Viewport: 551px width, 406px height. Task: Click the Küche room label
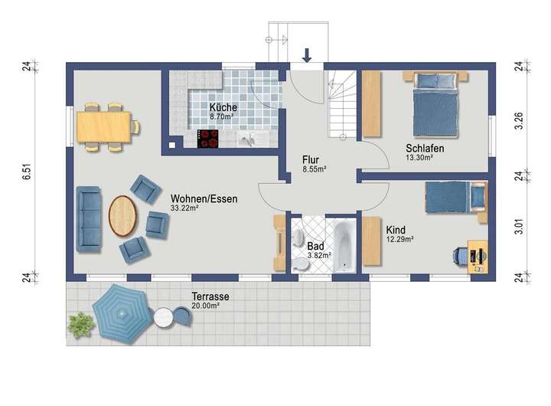[223, 107]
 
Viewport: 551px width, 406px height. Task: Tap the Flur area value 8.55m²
[315, 169]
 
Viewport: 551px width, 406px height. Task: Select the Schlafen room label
[425, 148]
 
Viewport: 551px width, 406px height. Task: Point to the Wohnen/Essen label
[204, 198]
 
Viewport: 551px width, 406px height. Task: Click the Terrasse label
[210, 296]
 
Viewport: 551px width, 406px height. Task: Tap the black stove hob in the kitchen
[207, 139]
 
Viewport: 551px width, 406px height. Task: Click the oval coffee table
[122, 216]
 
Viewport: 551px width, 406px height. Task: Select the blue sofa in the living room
[90, 219]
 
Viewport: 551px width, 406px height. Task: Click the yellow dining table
[104, 127]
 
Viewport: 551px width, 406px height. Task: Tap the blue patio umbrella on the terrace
[121, 313]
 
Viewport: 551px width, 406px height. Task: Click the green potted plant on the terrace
[80, 324]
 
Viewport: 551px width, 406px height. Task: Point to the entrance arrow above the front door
[307, 56]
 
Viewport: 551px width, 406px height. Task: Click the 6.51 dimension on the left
[27, 172]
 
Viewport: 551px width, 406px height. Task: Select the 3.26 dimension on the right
[519, 121]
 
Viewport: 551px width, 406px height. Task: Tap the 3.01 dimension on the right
[519, 227]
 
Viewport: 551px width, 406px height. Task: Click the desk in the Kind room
[478, 257]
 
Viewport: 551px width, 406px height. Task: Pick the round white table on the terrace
[164, 318]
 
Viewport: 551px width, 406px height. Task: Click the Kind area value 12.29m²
[399, 239]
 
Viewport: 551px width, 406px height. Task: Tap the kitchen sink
[249, 139]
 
